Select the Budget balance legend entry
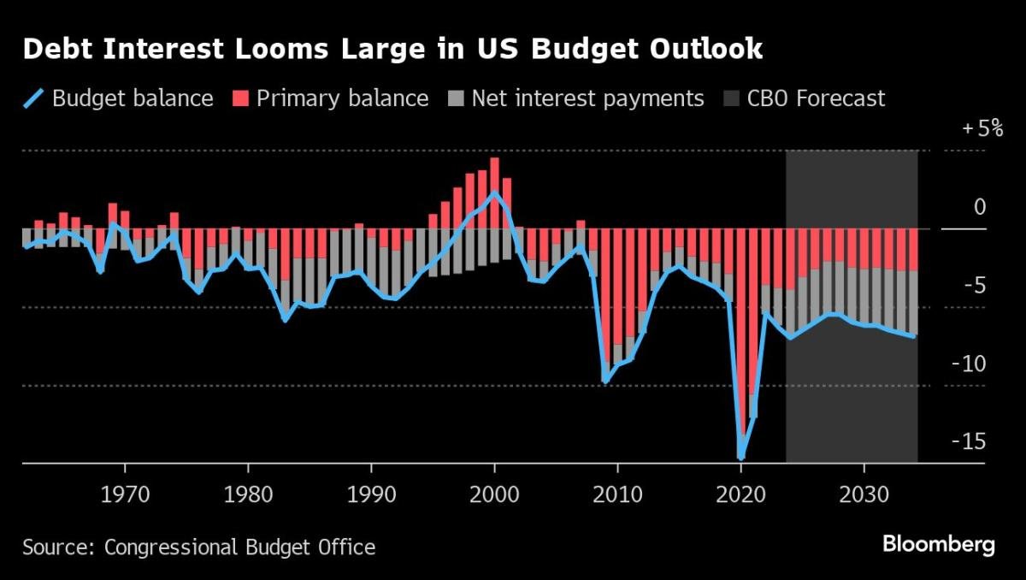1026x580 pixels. coord(132,98)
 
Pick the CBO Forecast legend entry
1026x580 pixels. coord(816,98)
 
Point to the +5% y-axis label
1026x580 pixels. coord(983,129)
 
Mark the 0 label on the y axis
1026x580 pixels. coord(980,208)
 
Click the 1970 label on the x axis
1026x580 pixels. coord(126,495)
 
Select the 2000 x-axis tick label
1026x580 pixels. coord(495,495)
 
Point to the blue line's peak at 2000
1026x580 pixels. coord(495,192)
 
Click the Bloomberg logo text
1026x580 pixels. coord(938,544)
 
